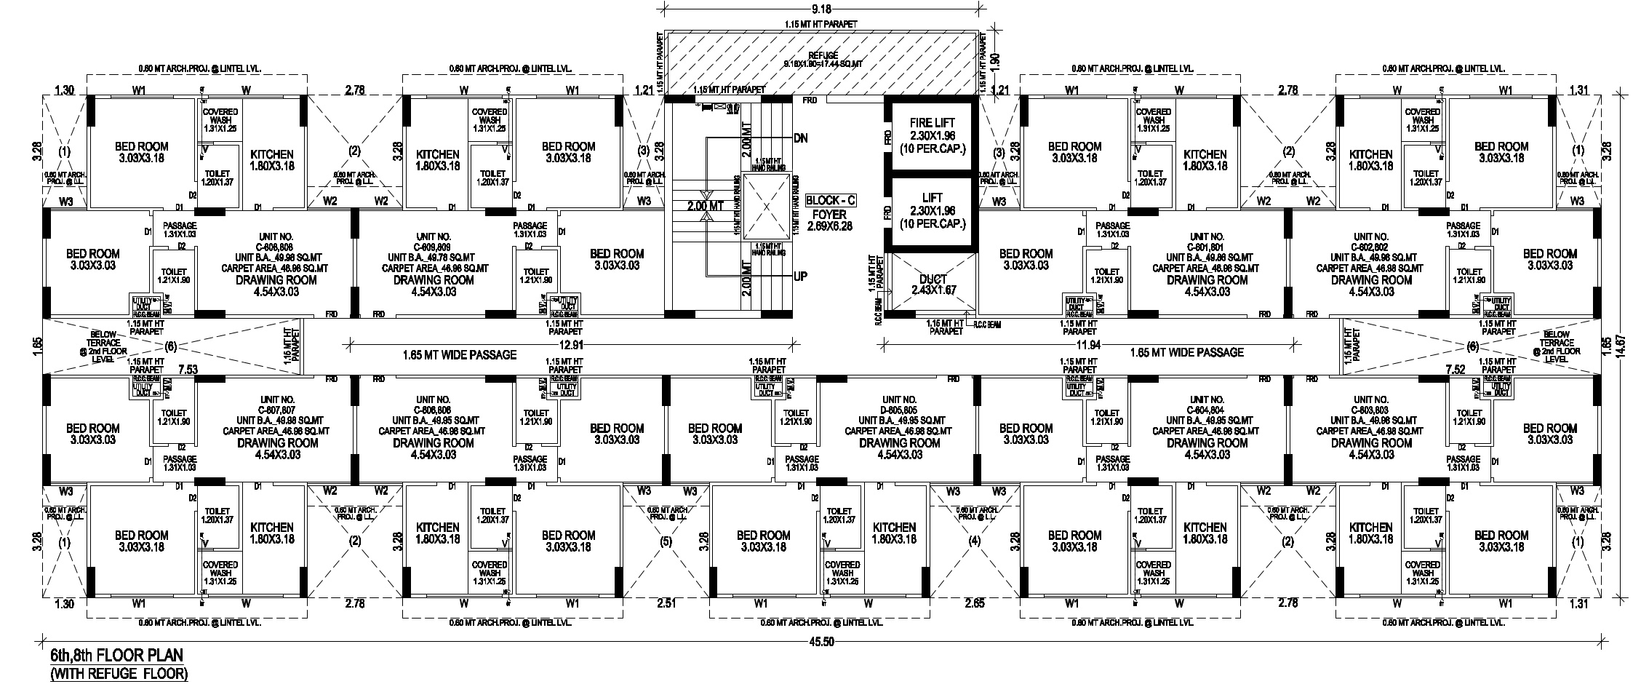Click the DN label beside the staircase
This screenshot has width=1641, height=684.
(801, 138)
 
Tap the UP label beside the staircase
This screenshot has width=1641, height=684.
(800, 277)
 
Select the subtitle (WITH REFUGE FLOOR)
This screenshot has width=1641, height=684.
(119, 674)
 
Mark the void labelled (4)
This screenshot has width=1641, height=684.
(975, 541)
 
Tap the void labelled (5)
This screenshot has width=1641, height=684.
(666, 541)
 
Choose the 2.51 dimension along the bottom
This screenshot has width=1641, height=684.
(666, 603)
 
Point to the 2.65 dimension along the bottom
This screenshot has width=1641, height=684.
(975, 603)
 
